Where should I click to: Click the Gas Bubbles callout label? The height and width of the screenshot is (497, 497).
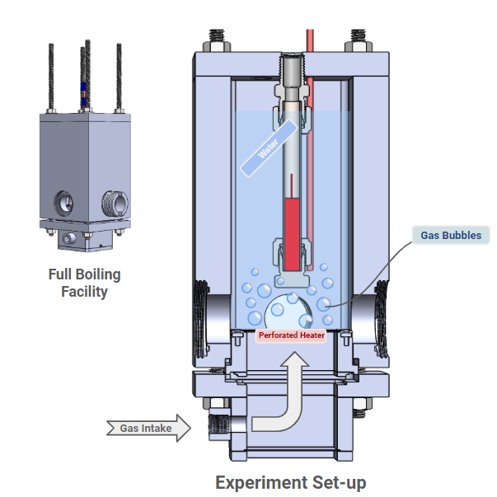[451, 235]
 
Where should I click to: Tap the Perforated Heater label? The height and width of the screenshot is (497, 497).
[291, 335]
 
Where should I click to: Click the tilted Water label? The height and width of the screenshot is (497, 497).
[267, 148]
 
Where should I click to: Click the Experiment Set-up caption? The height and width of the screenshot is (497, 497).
[291, 482]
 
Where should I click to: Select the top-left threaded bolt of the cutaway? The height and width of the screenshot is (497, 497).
[217, 38]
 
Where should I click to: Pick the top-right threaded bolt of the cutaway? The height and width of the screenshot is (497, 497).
[359, 38]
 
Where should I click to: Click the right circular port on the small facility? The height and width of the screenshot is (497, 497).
[111, 199]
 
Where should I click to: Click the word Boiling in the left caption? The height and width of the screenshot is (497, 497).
[97, 274]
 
